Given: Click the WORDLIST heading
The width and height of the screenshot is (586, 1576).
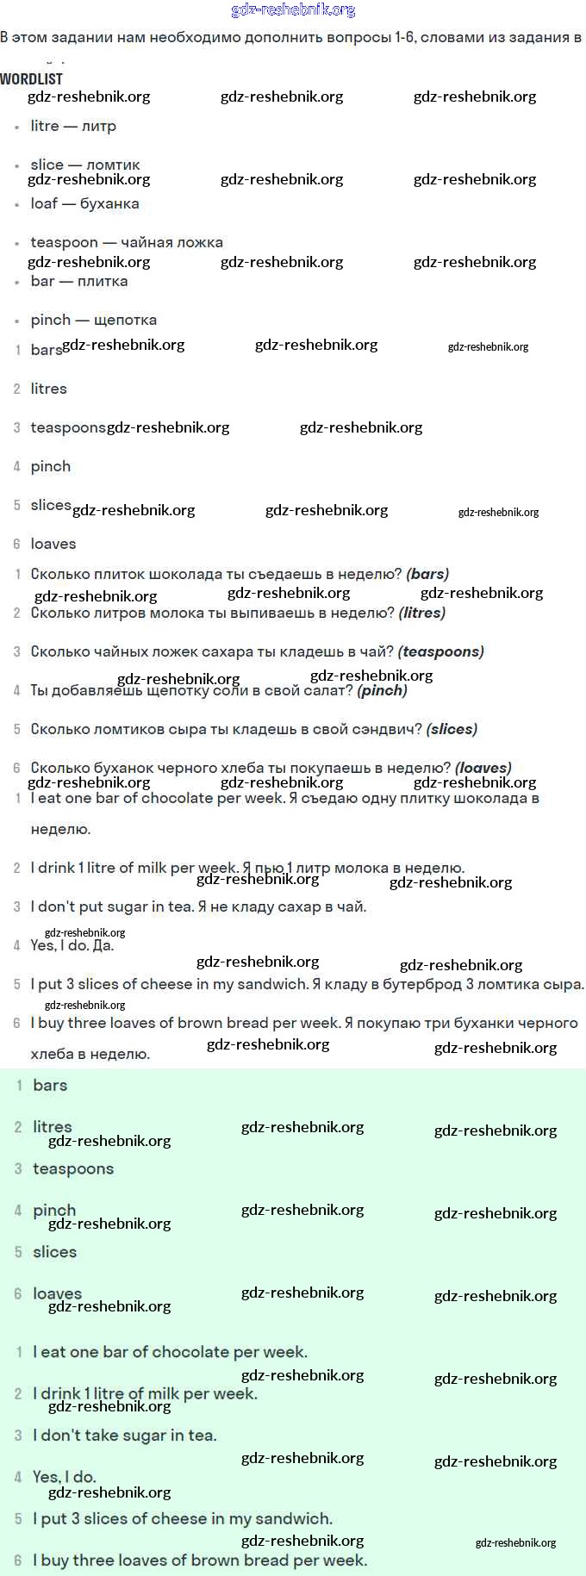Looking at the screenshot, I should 31,78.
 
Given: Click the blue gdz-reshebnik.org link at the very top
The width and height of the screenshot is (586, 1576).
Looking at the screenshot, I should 293,9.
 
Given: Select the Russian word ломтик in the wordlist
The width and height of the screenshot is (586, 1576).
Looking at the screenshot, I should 113,165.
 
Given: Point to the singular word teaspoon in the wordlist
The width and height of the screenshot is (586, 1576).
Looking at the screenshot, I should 64,242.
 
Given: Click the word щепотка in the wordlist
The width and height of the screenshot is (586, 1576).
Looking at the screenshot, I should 125,320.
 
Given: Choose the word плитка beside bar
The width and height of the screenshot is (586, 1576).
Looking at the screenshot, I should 103,281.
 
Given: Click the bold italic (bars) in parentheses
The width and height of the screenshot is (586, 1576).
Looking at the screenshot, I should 427,574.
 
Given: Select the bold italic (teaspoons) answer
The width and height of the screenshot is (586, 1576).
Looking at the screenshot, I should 441,651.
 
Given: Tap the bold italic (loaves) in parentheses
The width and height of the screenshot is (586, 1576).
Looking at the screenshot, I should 483,767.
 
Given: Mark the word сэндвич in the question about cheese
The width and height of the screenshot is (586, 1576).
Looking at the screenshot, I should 388,729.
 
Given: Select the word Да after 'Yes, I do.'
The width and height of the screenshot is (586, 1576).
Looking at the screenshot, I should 103,945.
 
